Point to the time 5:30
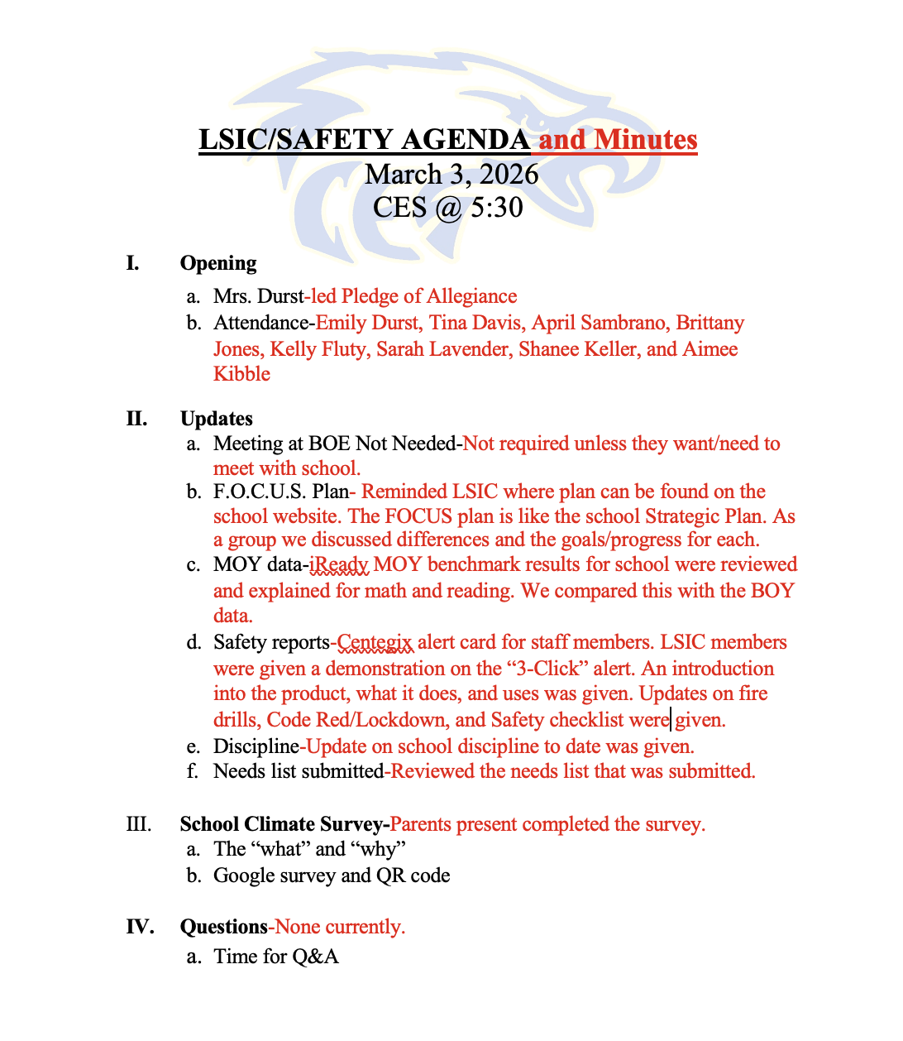(496, 207)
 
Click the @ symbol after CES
(447, 208)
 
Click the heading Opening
(218, 263)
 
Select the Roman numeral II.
(136, 419)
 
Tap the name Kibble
(241, 374)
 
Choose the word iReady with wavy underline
(339, 565)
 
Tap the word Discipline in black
(256, 746)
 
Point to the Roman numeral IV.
(140, 927)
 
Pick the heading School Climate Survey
(281, 825)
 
